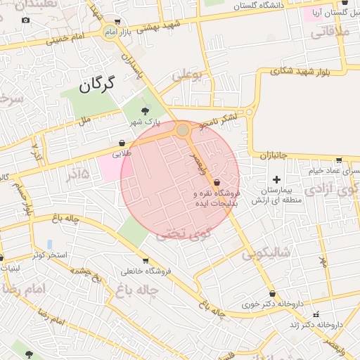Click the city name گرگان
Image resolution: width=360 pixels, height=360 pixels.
pos(97,85)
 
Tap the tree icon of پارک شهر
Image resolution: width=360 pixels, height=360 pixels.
pos(146,110)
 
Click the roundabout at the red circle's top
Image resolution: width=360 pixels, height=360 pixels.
pos(183,130)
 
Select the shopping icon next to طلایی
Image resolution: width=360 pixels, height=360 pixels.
pos(122,143)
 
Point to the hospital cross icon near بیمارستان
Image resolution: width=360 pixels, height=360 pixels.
pos(276,179)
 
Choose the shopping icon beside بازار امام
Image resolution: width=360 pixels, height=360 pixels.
pos(117,22)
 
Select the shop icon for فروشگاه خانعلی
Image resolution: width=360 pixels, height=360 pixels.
pos(146,261)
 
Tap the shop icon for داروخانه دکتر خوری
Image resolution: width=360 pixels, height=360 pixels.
pos(272,294)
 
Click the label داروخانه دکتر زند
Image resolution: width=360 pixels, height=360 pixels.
pos(321,325)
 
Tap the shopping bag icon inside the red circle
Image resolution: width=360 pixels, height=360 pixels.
pos(217,182)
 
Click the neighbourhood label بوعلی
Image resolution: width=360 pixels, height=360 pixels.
pos(186,72)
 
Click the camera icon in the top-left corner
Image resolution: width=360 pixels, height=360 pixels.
pos(26,20)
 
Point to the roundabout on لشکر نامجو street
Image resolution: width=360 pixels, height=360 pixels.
pos(250,112)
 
